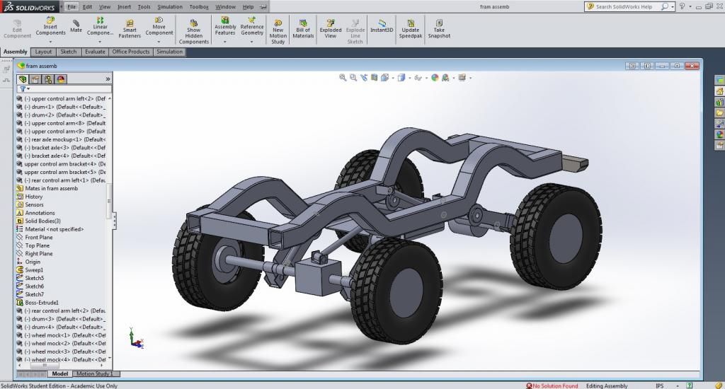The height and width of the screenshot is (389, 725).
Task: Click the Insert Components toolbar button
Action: pos(50,28)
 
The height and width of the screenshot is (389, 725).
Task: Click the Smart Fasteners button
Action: pos(130,28)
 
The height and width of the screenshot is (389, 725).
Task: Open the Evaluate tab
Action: pos(95,52)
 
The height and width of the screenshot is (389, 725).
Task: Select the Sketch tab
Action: pos(69,52)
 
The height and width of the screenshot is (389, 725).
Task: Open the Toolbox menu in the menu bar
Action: pos(199,6)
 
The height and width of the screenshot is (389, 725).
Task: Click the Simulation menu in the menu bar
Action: pos(170,6)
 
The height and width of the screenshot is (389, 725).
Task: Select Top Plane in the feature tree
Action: pos(37,245)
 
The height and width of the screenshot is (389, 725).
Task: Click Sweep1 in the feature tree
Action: pos(34,270)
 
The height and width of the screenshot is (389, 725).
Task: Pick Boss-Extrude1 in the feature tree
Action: pos(42,303)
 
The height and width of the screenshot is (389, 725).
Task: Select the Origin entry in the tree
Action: pos(33,262)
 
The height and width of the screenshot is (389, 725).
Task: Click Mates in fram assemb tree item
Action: pos(51,188)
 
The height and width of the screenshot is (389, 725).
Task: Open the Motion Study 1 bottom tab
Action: pos(94,373)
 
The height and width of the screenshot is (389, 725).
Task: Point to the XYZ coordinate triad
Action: pos(135,339)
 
